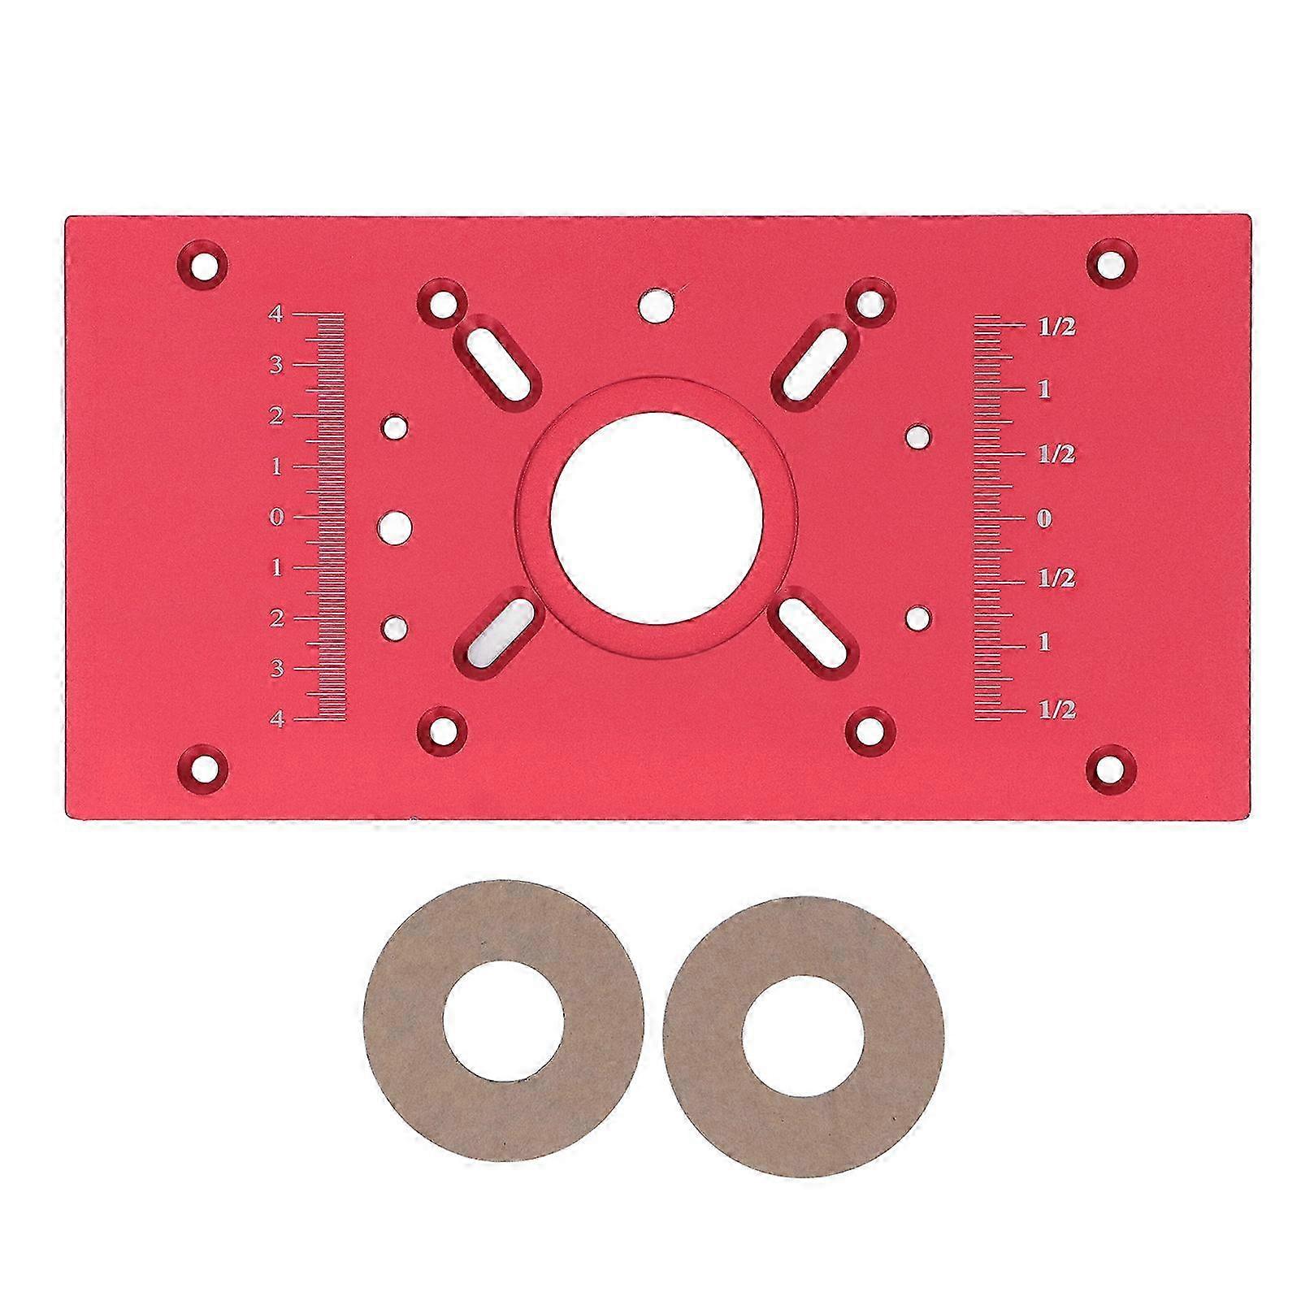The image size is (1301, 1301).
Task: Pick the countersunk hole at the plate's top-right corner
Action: [1112, 263]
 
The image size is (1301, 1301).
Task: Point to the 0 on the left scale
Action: [277, 517]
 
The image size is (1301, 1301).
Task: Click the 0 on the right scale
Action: [1045, 518]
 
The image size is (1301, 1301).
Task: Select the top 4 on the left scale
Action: [277, 314]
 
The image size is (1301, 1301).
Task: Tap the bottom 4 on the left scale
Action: [277, 719]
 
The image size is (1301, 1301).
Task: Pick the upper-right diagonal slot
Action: [813, 358]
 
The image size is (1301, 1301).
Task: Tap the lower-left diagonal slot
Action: [501, 628]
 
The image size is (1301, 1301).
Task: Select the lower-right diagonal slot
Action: [813, 628]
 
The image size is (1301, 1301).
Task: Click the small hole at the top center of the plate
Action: [656, 304]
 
